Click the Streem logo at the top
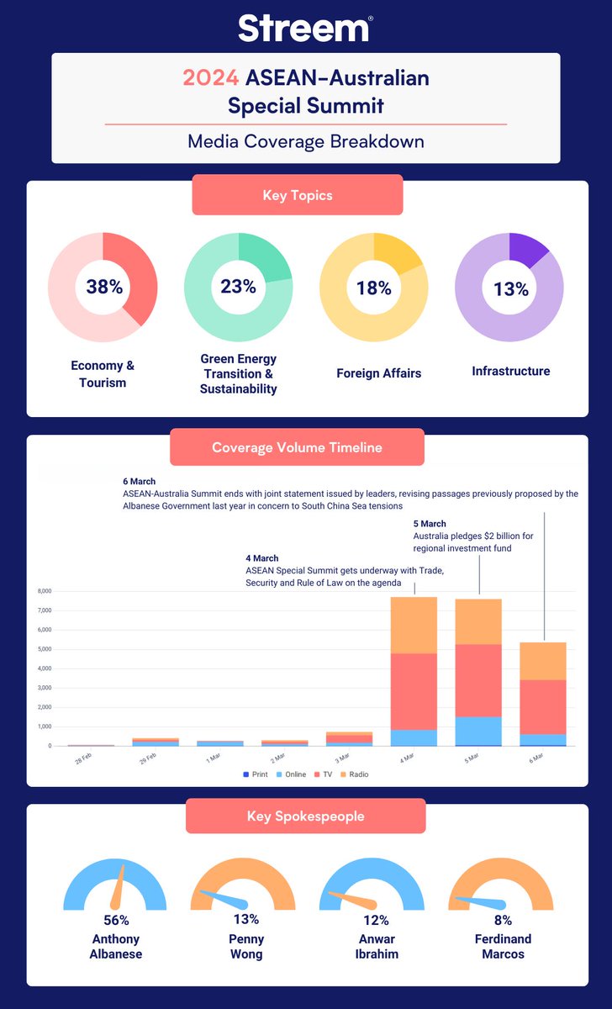304,28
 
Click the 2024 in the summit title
212,78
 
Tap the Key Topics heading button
298,195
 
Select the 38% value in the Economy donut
104,287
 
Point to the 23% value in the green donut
239,287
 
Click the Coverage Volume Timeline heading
297,447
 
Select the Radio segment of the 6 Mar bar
542,661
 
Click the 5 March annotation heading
430,523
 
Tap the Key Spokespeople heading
307,816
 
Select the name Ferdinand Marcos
501,946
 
